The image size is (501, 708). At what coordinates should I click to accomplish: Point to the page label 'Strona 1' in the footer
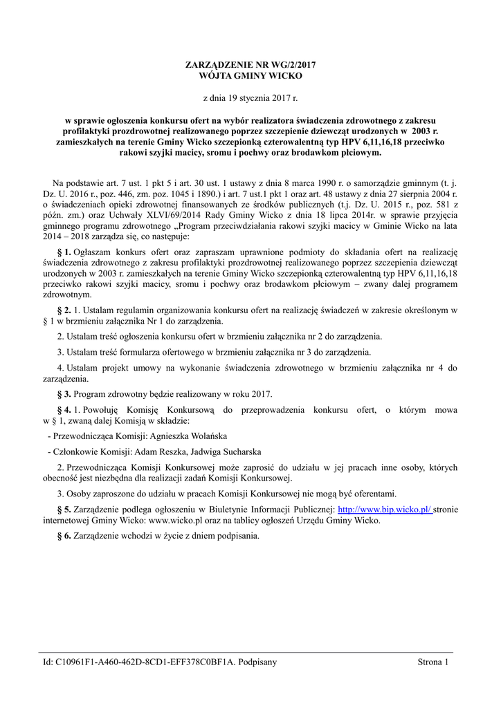[x=433, y=662]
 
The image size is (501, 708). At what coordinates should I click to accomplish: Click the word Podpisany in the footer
[x=257, y=662]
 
